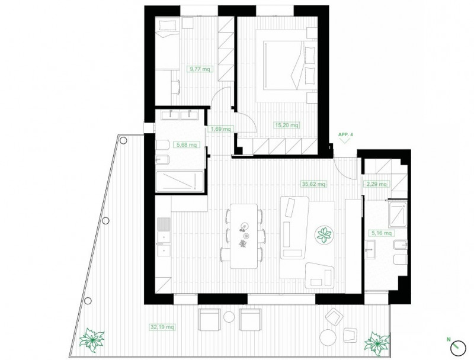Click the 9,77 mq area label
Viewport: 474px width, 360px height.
click(x=199, y=69)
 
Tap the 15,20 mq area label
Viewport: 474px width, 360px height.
click(x=287, y=125)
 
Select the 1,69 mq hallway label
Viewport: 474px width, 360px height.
click(x=220, y=129)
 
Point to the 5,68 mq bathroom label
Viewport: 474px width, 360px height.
click(x=187, y=145)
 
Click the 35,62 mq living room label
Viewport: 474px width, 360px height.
click(x=314, y=184)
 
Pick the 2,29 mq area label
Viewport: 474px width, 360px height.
click(x=376, y=184)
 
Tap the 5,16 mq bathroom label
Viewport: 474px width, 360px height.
click(x=381, y=233)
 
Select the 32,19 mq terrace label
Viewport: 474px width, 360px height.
click(x=162, y=327)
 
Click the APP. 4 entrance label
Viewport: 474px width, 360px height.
click(x=345, y=135)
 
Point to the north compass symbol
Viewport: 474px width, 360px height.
click(x=458, y=348)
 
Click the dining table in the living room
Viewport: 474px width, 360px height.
click(x=244, y=236)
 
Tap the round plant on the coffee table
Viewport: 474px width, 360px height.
click(x=324, y=235)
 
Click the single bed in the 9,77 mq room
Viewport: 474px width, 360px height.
click(x=168, y=43)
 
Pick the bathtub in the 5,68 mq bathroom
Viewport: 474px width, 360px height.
click(x=180, y=181)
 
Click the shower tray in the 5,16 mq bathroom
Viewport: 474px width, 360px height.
click(x=398, y=215)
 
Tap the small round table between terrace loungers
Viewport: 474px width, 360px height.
click(x=229, y=317)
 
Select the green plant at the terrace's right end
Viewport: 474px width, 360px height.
click(x=377, y=343)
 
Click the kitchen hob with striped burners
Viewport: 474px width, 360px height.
click(x=164, y=224)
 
